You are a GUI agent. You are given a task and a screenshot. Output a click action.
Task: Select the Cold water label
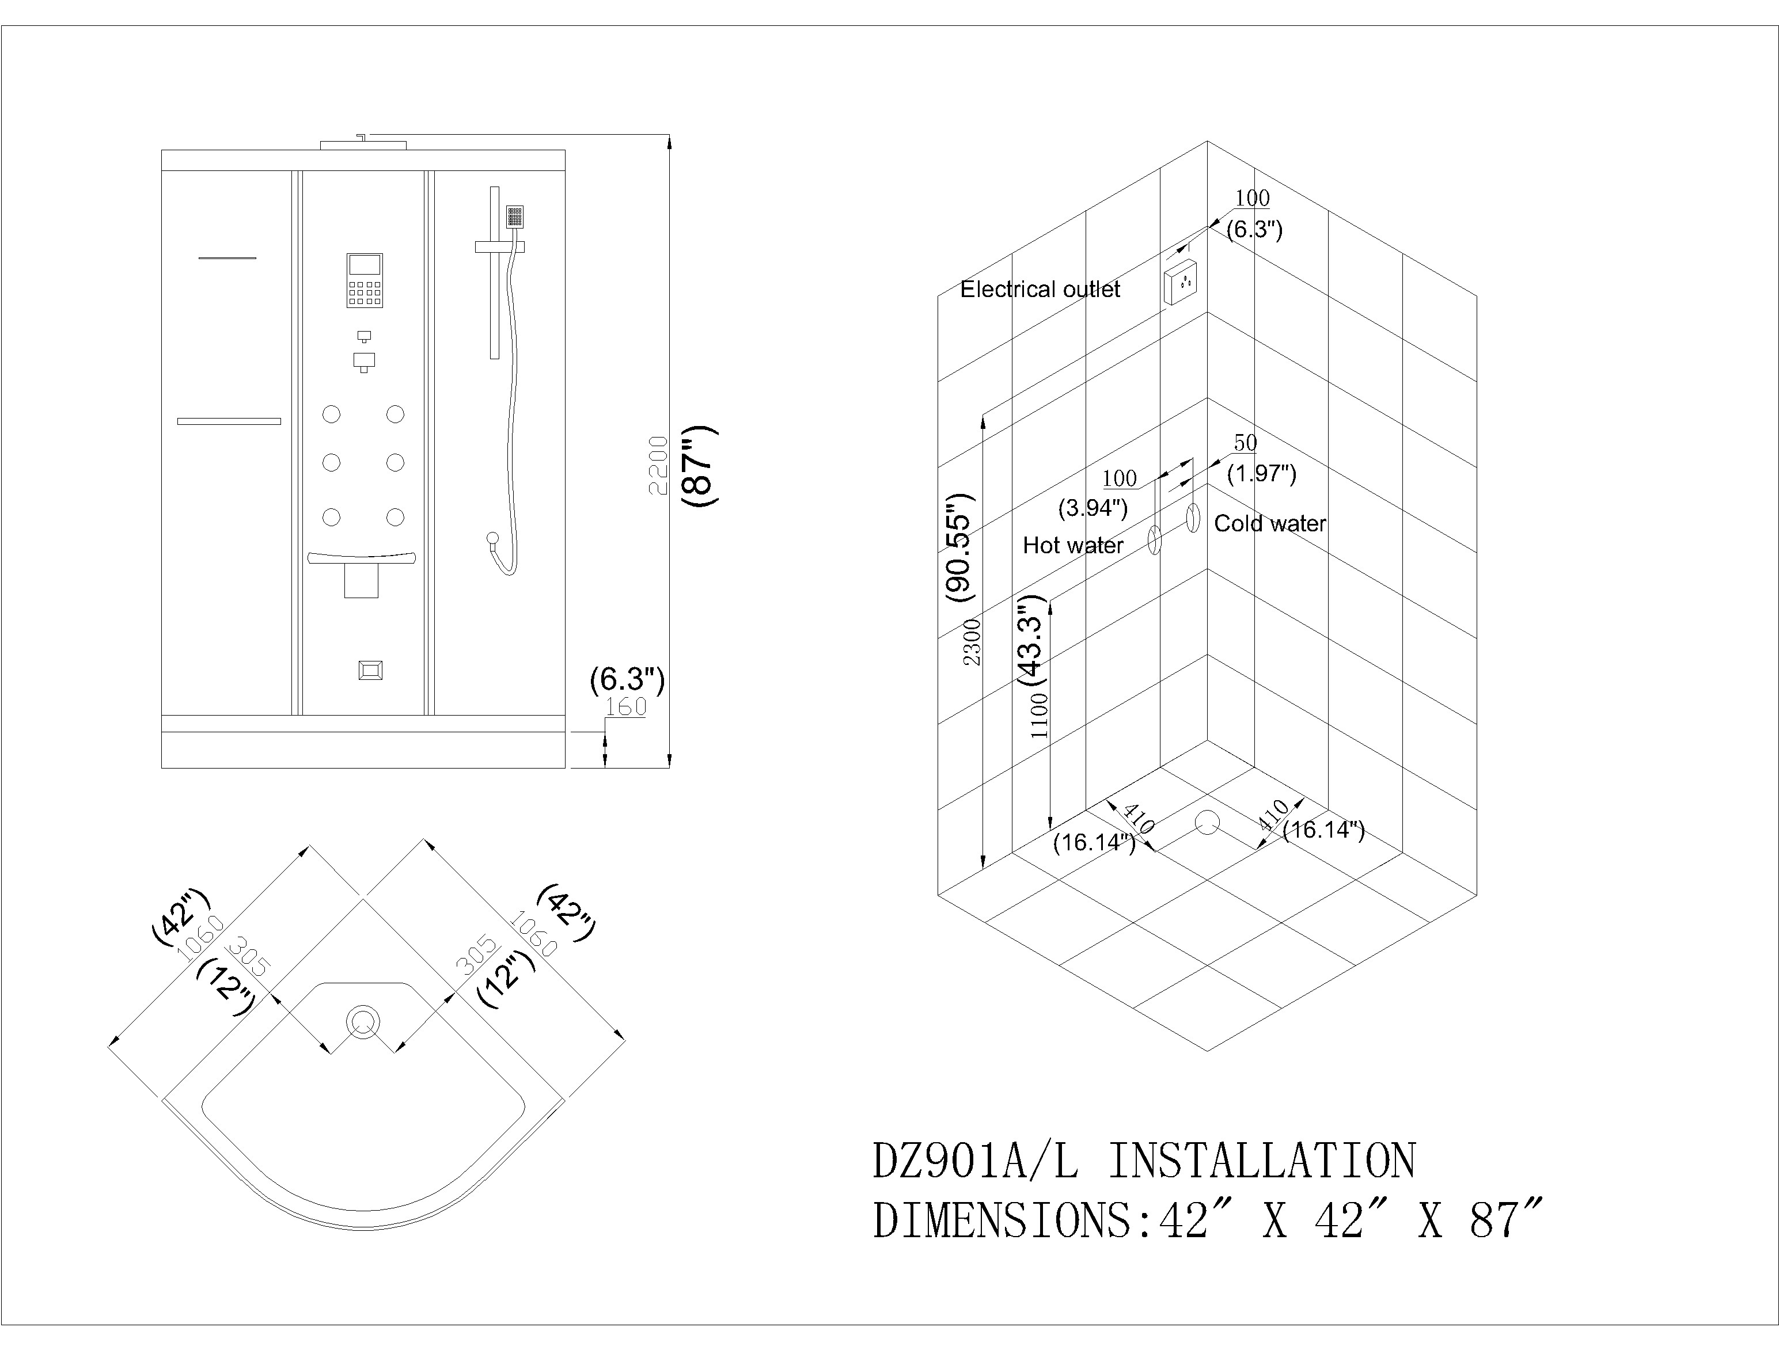coord(1269,524)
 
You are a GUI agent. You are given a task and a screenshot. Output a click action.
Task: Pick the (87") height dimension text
coord(698,466)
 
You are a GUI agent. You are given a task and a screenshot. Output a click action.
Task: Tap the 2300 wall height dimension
coord(972,642)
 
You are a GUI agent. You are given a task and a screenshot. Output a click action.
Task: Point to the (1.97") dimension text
coord(1261,474)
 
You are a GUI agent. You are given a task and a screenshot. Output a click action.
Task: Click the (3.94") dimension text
coord(1092,508)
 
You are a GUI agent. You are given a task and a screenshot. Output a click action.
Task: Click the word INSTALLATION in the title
coord(1262,1161)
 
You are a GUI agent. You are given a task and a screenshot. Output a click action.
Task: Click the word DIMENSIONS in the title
coord(1002,1220)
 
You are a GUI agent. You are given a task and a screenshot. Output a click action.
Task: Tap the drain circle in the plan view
coord(363,1022)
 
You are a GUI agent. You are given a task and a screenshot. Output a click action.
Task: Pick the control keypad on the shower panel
coord(365,280)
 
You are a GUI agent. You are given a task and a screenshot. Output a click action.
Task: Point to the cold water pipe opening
coord(1193,518)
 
